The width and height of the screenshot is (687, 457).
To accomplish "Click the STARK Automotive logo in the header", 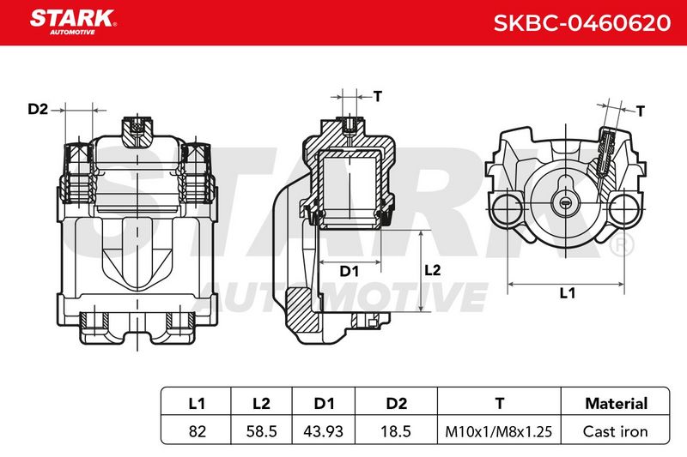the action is coord(73,22).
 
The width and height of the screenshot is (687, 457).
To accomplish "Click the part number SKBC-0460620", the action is coord(582,23).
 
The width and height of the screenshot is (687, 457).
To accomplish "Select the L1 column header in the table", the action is coord(197,403).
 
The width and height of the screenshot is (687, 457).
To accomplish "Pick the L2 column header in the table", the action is coord(261,403).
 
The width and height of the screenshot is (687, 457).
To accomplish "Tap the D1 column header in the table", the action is coord(325,403).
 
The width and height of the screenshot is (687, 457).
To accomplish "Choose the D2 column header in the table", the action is coord(396,403).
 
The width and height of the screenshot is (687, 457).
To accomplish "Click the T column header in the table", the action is coord(500,403).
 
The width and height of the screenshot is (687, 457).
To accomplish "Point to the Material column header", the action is coord(616,403).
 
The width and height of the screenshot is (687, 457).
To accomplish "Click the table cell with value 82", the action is coord(197,431).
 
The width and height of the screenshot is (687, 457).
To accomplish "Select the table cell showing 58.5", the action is coord(262,431).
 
